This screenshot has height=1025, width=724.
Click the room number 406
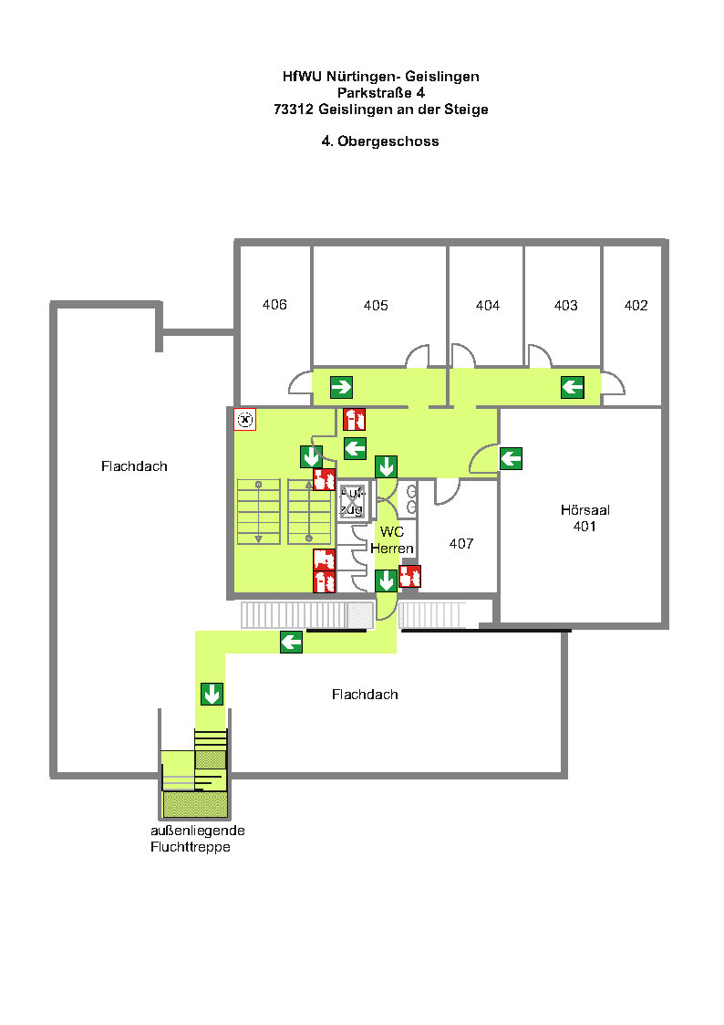point(274,305)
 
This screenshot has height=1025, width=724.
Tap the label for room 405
point(376,305)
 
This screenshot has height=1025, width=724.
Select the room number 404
point(488,305)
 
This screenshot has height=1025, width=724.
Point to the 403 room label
point(565,305)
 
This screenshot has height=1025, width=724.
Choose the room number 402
point(636,305)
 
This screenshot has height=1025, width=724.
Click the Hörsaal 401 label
point(585,518)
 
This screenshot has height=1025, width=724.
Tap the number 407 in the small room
point(460,543)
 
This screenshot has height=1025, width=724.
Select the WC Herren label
point(392,540)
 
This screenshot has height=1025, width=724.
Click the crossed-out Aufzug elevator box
point(351,502)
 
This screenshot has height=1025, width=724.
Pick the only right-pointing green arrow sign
point(341,387)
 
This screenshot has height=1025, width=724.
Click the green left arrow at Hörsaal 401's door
point(512,458)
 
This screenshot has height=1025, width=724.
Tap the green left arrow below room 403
point(573,387)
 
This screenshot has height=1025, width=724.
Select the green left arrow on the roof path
point(291,642)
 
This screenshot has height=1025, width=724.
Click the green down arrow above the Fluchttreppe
point(212,694)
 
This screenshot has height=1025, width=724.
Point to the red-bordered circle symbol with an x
point(244,419)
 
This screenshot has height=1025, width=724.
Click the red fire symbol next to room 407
point(410,577)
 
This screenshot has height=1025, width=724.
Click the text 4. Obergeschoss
point(380,141)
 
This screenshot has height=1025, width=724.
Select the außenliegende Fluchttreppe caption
point(198,839)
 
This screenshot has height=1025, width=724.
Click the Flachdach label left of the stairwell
point(134,466)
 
